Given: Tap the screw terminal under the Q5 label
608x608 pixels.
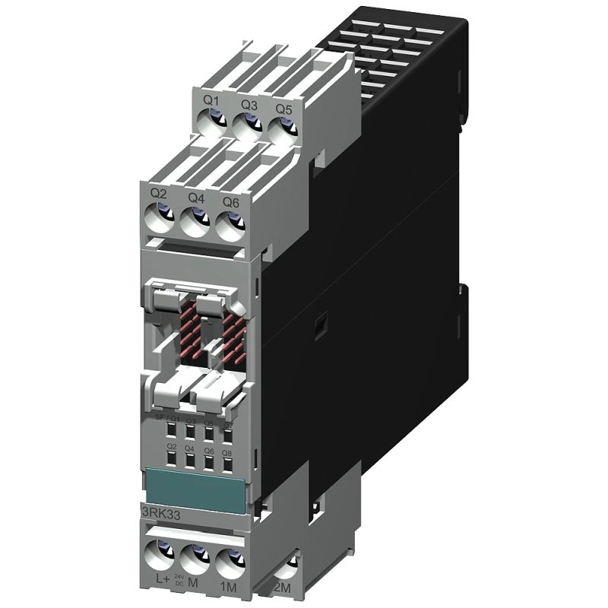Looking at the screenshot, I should pos(282,127).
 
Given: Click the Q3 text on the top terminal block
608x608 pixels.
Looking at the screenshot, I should pos(249,104).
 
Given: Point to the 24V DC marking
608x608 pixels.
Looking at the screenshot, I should pos(181,580).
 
